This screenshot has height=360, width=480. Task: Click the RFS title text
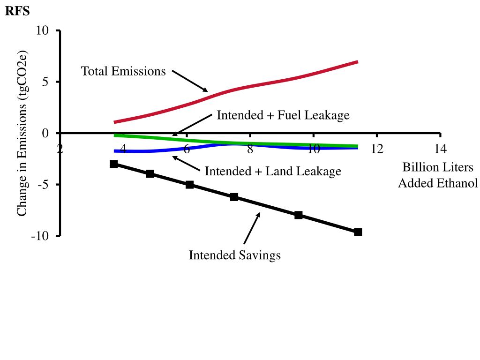pyautogui.click(x=17, y=11)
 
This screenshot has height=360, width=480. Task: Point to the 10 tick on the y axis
pyautogui.click(x=43, y=30)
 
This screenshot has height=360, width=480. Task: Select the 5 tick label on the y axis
pyautogui.click(x=45, y=82)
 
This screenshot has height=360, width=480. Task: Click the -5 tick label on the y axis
pyautogui.click(x=43, y=184)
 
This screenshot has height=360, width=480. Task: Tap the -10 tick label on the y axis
pyautogui.click(x=40, y=236)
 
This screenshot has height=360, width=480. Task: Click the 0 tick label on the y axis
pyautogui.click(x=45, y=133)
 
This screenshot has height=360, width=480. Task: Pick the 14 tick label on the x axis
pyautogui.click(x=440, y=149)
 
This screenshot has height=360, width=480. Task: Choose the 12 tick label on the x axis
pyautogui.click(x=377, y=149)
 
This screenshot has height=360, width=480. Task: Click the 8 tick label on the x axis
pyautogui.click(x=250, y=149)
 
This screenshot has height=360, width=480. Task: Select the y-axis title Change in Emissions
pyautogui.click(x=22, y=133)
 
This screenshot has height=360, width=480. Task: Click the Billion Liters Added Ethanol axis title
pyautogui.click(x=438, y=175)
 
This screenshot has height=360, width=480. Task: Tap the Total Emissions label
pyautogui.click(x=123, y=71)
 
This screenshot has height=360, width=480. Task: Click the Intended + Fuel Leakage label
pyautogui.click(x=283, y=115)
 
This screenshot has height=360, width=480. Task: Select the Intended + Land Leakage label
pyautogui.click(x=273, y=172)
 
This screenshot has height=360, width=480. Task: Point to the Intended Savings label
pyautogui.click(x=234, y=255)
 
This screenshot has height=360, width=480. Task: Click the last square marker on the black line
pyautogui.click(x=358, y=232)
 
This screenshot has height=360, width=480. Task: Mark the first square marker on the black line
pyautogui.click(x=114, y=164)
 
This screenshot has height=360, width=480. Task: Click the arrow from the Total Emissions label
pyautogui.click(x=190, y=81)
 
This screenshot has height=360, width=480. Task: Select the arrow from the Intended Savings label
pyautogui.click(x=252, y=228)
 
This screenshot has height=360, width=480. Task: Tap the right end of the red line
pyautogui.click(x=357, y=62)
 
